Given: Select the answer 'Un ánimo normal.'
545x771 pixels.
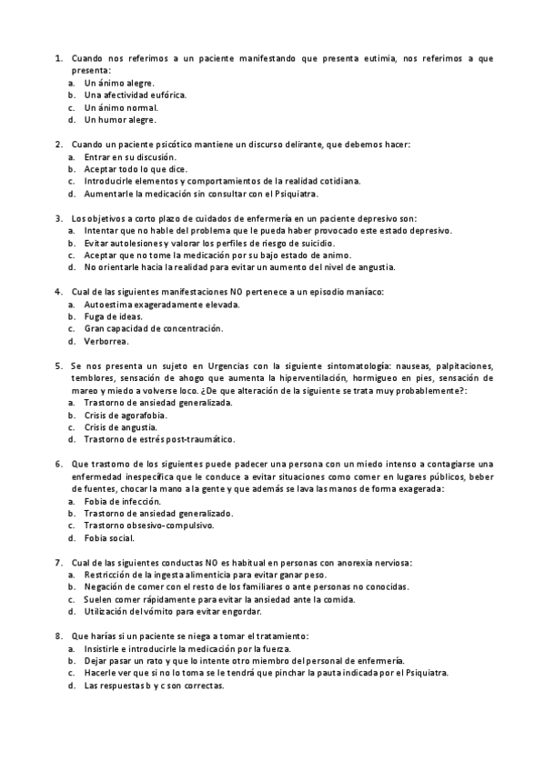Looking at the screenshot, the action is (121, 107).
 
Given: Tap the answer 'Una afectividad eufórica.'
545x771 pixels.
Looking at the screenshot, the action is (136, 95).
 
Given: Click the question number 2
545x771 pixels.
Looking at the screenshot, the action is (59, 145).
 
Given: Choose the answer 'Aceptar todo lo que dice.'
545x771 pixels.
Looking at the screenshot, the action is (136, 169).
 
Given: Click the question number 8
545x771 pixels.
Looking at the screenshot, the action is (59, 636).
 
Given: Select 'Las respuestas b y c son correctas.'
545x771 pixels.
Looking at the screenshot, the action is (154, 686).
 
